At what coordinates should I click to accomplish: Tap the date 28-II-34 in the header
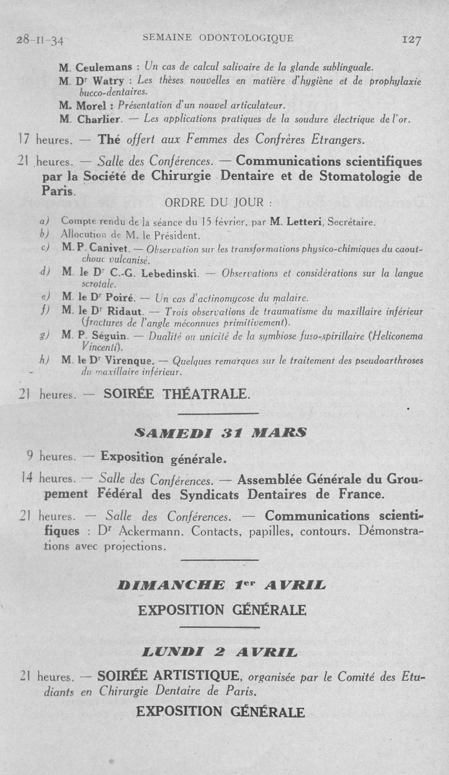coord(40,40)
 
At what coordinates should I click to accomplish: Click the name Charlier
coord(99,119)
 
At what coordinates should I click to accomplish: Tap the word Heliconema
coord(393,336)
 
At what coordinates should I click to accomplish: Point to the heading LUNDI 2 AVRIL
coord(221,652)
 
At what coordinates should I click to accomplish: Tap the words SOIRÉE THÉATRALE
coord(176,394)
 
